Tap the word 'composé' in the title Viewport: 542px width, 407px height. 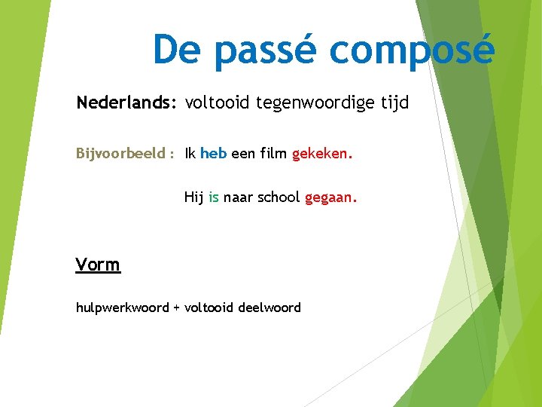[412, 51]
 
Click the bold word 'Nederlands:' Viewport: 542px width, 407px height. [126, 103]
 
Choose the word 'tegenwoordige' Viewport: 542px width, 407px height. [316, 103]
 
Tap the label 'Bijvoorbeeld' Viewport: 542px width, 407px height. [121, 155]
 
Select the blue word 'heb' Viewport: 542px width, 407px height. [214, 154]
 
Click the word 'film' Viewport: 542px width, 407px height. [273, 154]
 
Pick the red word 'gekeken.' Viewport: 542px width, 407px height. [322, 155]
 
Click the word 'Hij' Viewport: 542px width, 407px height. [193, 197]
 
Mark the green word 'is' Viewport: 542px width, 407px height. [214, 197]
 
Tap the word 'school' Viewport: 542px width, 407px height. [279, 197]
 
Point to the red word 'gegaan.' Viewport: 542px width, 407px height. [331, 198]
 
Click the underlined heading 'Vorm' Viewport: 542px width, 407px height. [98, 265]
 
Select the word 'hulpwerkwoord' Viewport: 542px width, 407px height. [122, 308]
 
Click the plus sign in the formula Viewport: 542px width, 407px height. [177, 308]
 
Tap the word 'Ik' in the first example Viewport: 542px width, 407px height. [190, 154]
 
